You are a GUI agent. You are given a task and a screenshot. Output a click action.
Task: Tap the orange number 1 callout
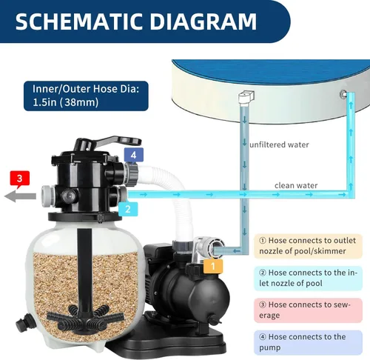tap(213, 266)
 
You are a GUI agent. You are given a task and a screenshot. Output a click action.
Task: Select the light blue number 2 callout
tap(128, 209)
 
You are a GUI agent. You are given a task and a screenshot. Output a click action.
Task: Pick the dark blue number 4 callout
tap(133, 156)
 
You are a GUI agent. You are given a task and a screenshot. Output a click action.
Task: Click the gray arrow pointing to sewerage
tap(20, 196)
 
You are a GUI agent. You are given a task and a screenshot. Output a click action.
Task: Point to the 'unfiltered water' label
tap(279, 144)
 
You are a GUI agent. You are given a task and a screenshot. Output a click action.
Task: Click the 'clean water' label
tap(296, 185)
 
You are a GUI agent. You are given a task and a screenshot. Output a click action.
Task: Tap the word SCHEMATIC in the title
tap(79, 21)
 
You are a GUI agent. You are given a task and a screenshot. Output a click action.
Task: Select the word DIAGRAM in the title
tap(203, 21)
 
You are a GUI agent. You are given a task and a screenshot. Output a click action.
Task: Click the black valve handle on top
tap(109, 142)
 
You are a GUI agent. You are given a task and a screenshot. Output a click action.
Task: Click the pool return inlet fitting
tap(343, 94)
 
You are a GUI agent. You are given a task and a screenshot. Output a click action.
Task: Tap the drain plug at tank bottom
tap(24, 323)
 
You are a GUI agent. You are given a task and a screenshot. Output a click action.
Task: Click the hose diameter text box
tap(86, 96)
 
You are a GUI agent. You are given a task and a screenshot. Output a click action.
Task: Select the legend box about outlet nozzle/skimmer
tap(308, 246)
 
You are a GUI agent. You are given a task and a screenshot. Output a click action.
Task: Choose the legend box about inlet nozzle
tap(308, 279)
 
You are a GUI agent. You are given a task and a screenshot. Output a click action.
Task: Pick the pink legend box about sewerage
tap(308, 310)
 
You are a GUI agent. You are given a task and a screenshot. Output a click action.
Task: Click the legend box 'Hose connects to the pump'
tap(308, 342)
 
